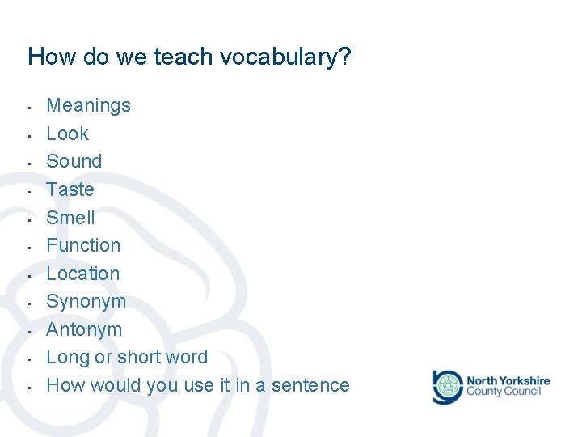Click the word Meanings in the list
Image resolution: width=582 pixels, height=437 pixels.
click(88, 105)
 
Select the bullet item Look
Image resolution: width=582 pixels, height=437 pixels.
click(67, 134)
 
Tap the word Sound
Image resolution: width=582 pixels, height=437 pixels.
click(74, 161)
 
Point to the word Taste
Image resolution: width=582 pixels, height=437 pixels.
click(70, 189)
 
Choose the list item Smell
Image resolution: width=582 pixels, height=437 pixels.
click(70, 218)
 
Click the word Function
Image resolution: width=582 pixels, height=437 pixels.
click(83, 245)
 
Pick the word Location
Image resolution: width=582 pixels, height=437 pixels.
click(82, 274)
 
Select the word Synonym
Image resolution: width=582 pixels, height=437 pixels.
click(86, 302)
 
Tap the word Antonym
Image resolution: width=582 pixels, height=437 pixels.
click(84, 329)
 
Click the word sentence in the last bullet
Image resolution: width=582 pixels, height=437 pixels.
click(311, 385)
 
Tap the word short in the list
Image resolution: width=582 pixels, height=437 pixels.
click(139, 357)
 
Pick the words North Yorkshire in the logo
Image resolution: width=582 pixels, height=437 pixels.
click(508, 380)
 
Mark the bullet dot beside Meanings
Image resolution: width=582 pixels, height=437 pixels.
click(28, 107)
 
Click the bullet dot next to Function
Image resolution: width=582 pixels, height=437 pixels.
click(28, 247)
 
